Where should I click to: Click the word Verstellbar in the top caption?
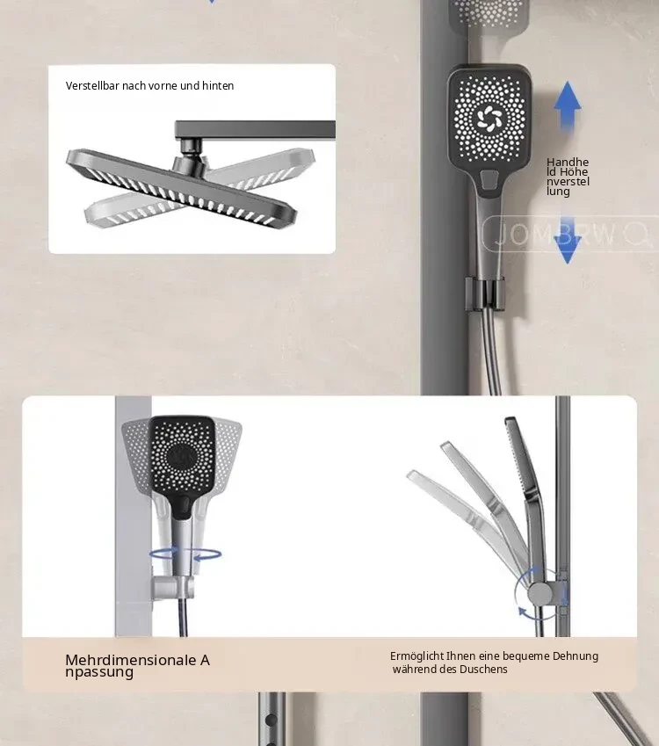pos(92,85)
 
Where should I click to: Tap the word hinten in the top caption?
pos(218,85)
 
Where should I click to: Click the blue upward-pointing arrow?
pos(568,105)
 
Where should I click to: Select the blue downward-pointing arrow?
pos(567,240)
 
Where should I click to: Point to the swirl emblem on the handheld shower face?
pos(489,119)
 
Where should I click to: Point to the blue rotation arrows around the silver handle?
pos(185,554)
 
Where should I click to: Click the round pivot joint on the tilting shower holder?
pos(540,594)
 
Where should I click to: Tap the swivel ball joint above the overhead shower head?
pos(191,159)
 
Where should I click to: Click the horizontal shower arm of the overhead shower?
pos(255,129)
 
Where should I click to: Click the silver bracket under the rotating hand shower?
pos(173,587)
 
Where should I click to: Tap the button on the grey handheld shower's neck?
pos(489,179)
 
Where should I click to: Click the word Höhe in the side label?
pos(574,171)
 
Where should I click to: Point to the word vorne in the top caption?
pos(163,85)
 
